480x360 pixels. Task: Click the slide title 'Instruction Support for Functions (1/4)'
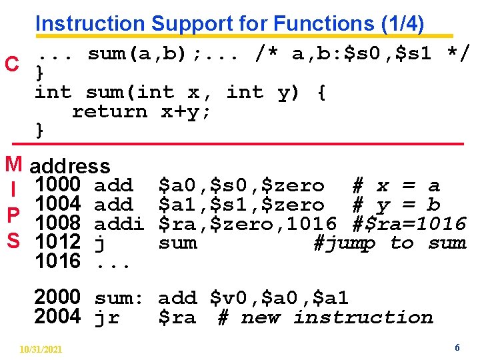coord(229,23)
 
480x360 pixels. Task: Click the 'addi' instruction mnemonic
coord(119,223)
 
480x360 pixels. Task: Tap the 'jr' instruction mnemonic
coord(107,317)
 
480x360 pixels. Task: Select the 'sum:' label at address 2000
coord(119,297)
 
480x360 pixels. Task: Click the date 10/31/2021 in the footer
coord(41,349)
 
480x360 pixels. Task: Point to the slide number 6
coord(457,348)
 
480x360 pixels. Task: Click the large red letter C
coord(11,65)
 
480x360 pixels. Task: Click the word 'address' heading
coord(70,166)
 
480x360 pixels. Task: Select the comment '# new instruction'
coord(325,317)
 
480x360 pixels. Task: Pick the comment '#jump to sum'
coord(389,243)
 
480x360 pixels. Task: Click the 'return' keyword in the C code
coord(109,111)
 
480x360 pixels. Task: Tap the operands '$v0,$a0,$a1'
coord(279,297)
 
